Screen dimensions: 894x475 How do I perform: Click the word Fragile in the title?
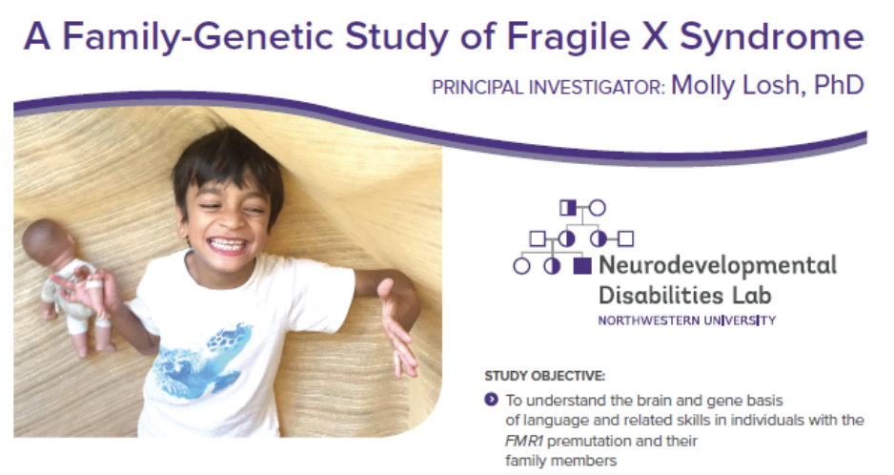pyautogui.click(x=568, y=36)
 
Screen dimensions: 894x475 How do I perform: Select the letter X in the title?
pyautogui.click(x=655, y=36)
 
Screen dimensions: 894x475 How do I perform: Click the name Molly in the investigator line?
pyautogui.click(x=702, y=86)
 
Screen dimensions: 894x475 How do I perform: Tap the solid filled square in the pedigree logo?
pyautogui.click(x=581, y=265)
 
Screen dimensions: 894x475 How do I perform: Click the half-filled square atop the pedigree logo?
pyautogui.click(x=568, y=208)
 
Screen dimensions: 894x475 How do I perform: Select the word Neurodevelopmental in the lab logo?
pyautogui.click(x=718, y=265)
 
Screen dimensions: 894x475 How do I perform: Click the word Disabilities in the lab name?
pyautogui.click(x=653, y=295)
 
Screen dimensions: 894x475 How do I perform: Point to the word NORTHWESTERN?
pyautogui.click(x=648, y=320)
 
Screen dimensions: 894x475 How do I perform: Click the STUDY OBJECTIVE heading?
pyautogui.click(x=544, y=376)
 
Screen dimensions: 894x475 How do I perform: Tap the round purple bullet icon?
pyautogui.click(x=491, y=399)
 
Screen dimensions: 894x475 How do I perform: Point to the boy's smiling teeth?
pyautogui.click(x=228, y=245)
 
